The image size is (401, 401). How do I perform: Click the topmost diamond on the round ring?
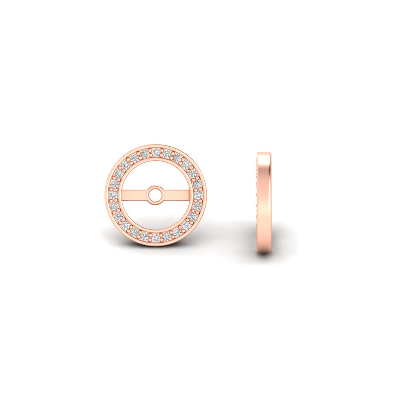pos(156,151)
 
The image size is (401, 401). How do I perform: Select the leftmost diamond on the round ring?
pos(113,195)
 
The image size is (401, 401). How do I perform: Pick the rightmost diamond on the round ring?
pos(199,195)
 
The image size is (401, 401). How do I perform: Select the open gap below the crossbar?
pos(156,217)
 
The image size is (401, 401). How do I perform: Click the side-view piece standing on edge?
pos(264,202)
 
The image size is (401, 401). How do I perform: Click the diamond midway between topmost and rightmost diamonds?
pos(186,164)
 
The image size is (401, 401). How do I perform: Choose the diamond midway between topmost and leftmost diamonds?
pos(125,164)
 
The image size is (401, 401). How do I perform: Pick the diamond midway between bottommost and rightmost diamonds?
pos(186,225)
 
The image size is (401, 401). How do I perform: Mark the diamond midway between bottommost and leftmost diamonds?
pos(125,225)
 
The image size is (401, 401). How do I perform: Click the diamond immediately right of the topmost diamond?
pos(167,153)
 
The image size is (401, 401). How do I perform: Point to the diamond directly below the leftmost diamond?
pos(114,206)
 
